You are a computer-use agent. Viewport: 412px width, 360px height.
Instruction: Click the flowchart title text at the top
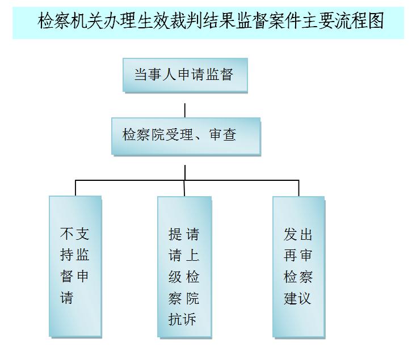click(211, 21)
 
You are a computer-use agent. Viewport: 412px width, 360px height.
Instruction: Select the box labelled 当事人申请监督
click(184, 74)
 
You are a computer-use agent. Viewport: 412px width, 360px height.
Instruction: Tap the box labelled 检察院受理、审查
click(185, 135)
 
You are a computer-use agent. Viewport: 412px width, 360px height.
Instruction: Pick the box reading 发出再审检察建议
click(299, 266)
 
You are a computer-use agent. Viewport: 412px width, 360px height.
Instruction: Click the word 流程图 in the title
click(364, 21)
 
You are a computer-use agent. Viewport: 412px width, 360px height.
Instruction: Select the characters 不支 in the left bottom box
click(74, 234)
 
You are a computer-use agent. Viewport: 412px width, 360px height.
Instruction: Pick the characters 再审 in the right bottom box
click(299, 255)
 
